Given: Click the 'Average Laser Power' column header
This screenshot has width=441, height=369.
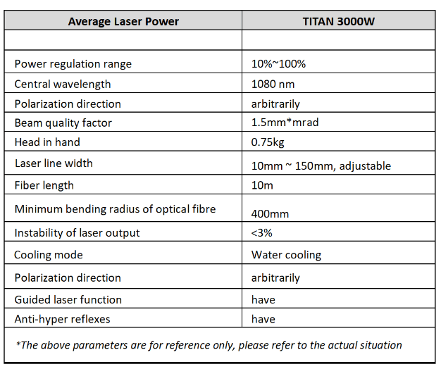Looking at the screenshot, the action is pyautogui.click(x=123, y=22).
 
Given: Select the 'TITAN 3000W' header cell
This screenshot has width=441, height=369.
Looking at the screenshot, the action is pyautogui.click(x=338, y=22).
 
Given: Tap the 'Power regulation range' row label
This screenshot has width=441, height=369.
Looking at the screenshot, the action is pyautogui.click(x=73, y=64).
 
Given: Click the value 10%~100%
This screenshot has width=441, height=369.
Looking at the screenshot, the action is pyautogui.click(x=278, y=64).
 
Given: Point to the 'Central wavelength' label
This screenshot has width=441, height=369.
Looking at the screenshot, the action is pyautogui.click(x=63, y=85).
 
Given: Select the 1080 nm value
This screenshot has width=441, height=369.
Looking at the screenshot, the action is pyautogui.click(x=273, y=84).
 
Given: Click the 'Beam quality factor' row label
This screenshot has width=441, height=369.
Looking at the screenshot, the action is pyautogui.click(x=63, y=123).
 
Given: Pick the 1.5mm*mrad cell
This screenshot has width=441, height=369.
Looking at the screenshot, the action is pyautogui.click(x=285, y=123).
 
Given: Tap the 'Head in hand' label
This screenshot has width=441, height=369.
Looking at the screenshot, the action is pyautogui.click(x=47, y=142).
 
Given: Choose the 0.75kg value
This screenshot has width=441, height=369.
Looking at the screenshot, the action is pyautogui.click(x=268, y=142).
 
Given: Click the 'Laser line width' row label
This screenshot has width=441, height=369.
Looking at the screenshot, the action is pyautogui.click(x=54, y=163).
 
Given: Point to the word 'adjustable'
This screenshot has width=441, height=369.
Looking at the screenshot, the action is pyautogui.click(x=365, y=166).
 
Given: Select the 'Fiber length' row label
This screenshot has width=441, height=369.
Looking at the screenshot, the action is pyautogui.click(x=44, y=185).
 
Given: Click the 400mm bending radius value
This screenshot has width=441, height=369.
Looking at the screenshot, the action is pyautogui.click(x=270, y=214).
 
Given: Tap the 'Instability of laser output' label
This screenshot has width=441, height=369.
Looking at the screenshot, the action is pyautogui.click(x=77, y=233).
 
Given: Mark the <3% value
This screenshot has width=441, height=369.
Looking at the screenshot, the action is pyautogui.click(x=262, y=232).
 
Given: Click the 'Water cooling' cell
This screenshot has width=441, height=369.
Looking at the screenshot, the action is pyautogui.click(x=286, y=255).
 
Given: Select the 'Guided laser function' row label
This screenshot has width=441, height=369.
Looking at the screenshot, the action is pyautogui.click(x=68, y=300).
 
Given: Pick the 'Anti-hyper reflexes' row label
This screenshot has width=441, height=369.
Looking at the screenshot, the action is pyautogui.click(x=63, y=319).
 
